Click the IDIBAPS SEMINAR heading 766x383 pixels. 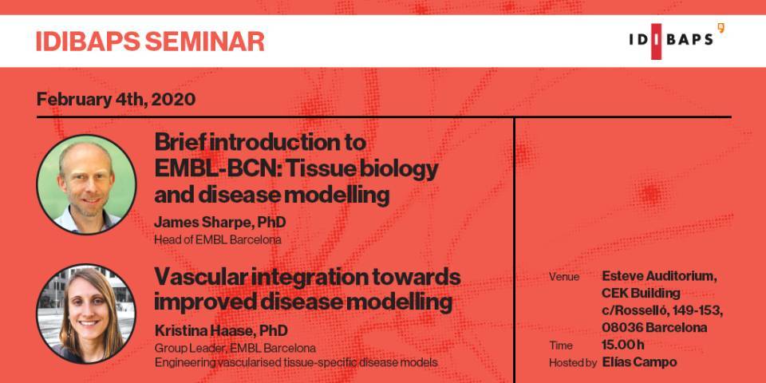(x=150, y=41)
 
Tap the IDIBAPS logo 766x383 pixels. (x=677, y=41)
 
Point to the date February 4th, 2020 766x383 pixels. (x=116, y=100)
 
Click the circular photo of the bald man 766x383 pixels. (x=86, y=184)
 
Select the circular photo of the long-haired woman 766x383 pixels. (x=86, y=314)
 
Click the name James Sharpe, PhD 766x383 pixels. (x=220, y=223)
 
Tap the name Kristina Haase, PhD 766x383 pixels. (x=221, y=330)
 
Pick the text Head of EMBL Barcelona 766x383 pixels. (x=217, y=240)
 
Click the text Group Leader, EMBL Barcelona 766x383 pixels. (x=235, y=349)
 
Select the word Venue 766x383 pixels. (x=564, y=277)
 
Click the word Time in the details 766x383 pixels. (x=561, y=345)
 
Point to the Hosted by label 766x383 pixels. (x=573, y=362)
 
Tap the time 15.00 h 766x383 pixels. (x=623, y=345)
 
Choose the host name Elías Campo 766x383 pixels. (x=639, y=362)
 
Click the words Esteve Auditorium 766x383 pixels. (x=660, y=277)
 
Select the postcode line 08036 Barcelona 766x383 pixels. (x=654, y=327)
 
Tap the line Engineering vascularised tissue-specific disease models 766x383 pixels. (x=296, y=363)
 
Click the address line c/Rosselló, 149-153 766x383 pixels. (x=662, y=310)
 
